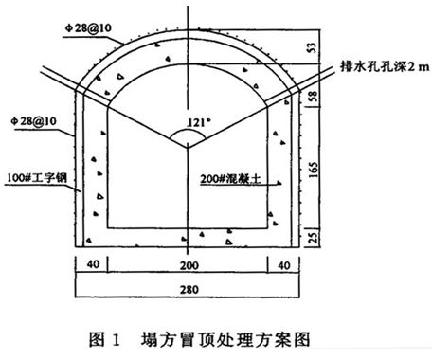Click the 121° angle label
[x=199, y=122]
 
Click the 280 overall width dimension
[x=189, y=289]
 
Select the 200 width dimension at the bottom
[x=189, y=265]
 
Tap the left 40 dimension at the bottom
[x=93, y=264]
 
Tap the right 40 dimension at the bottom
[x=284, y=265]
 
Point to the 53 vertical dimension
[x=312, y=47]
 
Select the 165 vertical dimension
[x=313, y=170]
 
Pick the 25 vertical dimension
[x=313, y=237]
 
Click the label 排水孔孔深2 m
[x=385, y=66]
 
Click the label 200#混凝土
[x=231, y=179]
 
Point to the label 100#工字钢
[x=37, y=177]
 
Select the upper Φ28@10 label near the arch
[x=88, y=28]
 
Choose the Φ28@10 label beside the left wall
[x=33, y=121]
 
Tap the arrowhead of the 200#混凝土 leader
[x=279, y=183]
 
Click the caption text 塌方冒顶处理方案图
[x=225, y=339]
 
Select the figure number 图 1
[x=104, y=340]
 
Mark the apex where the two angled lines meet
[x=188, y=148]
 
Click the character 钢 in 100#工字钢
[x=62, y=177]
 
